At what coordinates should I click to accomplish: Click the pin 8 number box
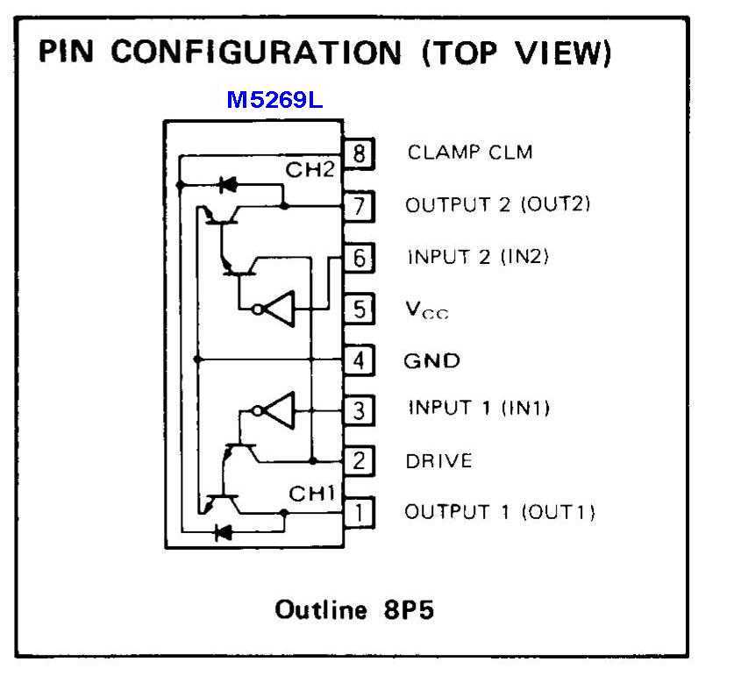tap(359, 153)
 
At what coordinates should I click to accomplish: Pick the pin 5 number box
tap(359, 309)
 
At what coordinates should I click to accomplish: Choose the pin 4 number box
tap(359, 359)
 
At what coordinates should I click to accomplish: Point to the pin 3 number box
tap(359, 409)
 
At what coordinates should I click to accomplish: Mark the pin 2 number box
tap(359, 460)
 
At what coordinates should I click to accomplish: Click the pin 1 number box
tap(359, 511)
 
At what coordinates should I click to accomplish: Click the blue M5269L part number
tap(274, 100)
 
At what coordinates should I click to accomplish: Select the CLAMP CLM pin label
tap(469, 152)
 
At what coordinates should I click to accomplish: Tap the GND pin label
tap(431, 360)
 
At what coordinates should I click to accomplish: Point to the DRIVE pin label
tap(438, 460)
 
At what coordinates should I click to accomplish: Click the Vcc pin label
tap(426, 310)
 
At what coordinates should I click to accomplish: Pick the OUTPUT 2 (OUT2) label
tap(497, 205)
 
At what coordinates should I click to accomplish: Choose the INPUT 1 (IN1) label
tap(479, 409)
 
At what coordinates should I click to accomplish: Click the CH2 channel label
tap(310, 169)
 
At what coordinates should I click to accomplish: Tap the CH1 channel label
tap(313, 495)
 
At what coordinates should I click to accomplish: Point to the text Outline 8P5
tap(354, 608)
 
